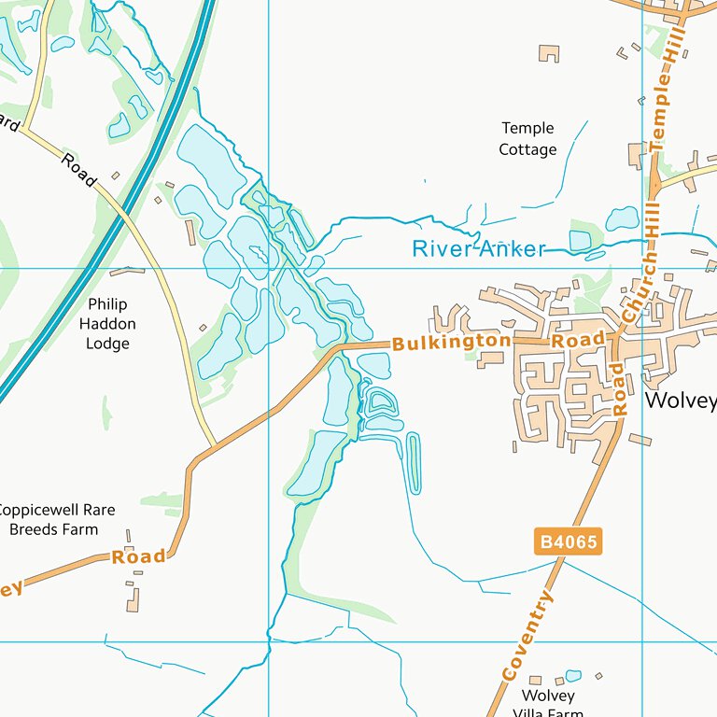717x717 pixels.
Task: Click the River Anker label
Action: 479,248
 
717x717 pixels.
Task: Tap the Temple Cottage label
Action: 527,139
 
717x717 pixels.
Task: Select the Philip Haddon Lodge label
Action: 107,324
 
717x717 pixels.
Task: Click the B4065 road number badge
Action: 568,541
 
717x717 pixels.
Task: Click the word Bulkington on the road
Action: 452,342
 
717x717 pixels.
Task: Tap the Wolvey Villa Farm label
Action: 549,702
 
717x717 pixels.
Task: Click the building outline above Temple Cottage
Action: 549,53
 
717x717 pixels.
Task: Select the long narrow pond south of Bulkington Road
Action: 414,462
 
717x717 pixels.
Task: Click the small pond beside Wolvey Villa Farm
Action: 572,676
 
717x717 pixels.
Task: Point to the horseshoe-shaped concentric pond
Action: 380,404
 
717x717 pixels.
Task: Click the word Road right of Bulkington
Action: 578,340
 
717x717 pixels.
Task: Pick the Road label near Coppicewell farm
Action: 138,557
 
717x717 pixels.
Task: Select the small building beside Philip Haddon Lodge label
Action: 203,328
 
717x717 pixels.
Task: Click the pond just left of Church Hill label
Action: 622,219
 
